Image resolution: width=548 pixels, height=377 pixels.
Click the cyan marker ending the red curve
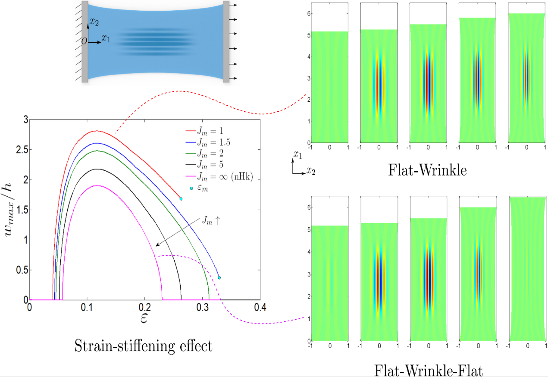(x=181, y=199)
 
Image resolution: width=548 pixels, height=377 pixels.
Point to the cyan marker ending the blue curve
(x=219, y=278)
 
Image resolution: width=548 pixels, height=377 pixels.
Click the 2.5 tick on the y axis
(x=21, y=149)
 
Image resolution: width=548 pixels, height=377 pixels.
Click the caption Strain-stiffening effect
(x=144, y=346)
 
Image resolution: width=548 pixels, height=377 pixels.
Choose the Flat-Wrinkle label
(x=427, y=171)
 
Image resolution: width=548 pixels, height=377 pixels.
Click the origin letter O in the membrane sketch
(x=84, y=41)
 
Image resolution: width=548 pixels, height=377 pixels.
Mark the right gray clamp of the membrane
(x=226, y=41)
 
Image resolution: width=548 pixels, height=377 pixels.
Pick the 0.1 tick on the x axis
(x=87, y=306)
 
